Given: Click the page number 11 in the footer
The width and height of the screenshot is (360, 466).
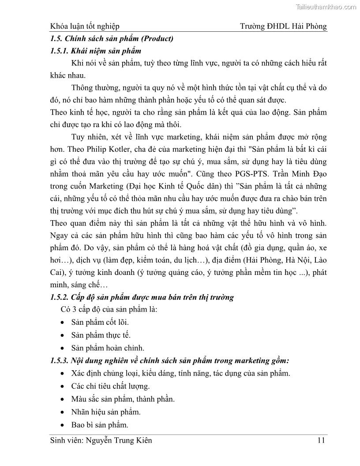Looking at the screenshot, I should click(321, 440).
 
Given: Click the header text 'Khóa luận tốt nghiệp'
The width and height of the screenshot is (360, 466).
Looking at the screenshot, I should click(85, 26).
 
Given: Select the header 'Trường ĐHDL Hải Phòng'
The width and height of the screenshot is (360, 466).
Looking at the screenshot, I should click(283, 26).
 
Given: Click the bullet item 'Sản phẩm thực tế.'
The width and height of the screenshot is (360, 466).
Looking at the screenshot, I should click(101, 335).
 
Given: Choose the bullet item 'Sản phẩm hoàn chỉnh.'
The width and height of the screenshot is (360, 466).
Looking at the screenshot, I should click(108, 348).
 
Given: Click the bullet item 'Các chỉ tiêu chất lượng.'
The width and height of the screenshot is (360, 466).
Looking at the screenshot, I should click(110, 387).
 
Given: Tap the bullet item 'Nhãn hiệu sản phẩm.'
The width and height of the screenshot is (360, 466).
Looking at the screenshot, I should click(106, 412).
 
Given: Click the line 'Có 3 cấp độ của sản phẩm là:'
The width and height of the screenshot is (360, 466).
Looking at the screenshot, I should click(109, 310).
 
